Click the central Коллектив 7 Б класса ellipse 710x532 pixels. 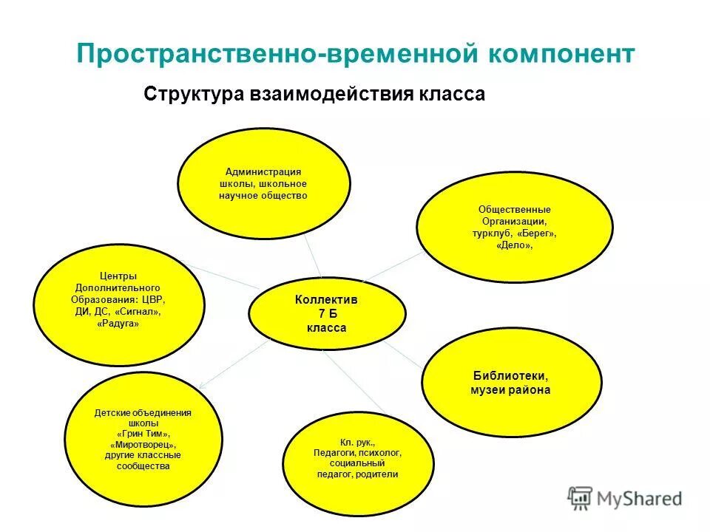pyautogui.click(x=326, y=313)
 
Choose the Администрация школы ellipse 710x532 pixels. pyautogui.click(x=263, y=183)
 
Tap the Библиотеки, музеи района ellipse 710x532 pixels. pyautogui.click(x=510, y=381)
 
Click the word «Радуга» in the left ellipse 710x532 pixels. pyautogui.click(x=118, y=324)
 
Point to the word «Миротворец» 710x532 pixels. pyautogui.click(x=143, y=445)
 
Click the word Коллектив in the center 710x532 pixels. pyautogui.click(x=326, y=300)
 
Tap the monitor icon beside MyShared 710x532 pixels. pyautogui.click(x=581, y=497)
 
